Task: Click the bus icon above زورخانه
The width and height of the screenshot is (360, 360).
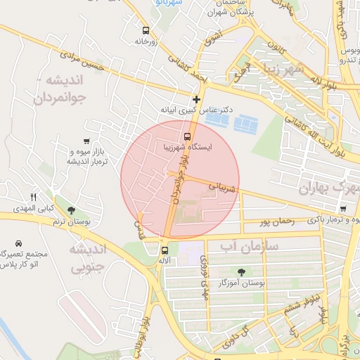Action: [x=146, y=31]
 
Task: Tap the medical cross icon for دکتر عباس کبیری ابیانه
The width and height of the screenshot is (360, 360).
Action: [x=196, y=99]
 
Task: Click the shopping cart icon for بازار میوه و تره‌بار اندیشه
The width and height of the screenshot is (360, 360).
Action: [x=86, y=141]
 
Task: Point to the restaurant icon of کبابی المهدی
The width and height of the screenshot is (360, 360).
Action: [x=32, y=197]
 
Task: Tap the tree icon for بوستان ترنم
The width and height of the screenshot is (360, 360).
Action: [x=71, y=210]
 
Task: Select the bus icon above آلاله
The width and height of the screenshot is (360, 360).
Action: [x=165, y=250]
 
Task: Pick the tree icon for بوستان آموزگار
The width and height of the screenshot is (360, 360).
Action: [x=242, y=271]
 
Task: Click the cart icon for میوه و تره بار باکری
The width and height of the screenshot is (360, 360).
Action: [x=342, y=209]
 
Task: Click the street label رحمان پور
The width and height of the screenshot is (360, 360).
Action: [x=274, y=222]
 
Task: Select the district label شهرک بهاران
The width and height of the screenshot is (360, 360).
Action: [x=328, y=188]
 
